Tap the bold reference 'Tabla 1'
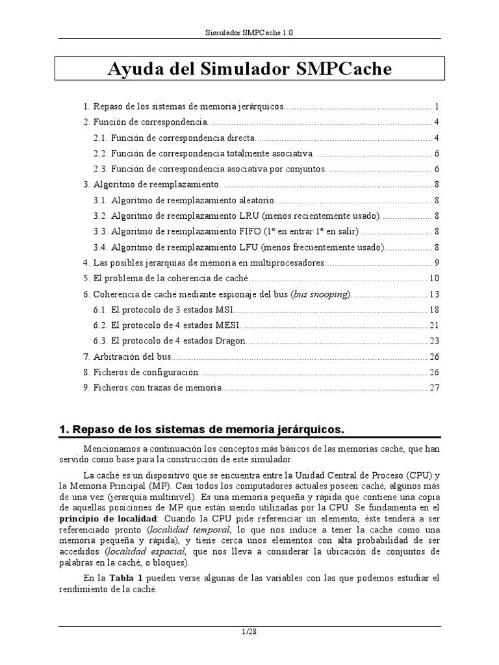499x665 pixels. (127, 577)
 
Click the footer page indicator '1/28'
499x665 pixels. (249, 631)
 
